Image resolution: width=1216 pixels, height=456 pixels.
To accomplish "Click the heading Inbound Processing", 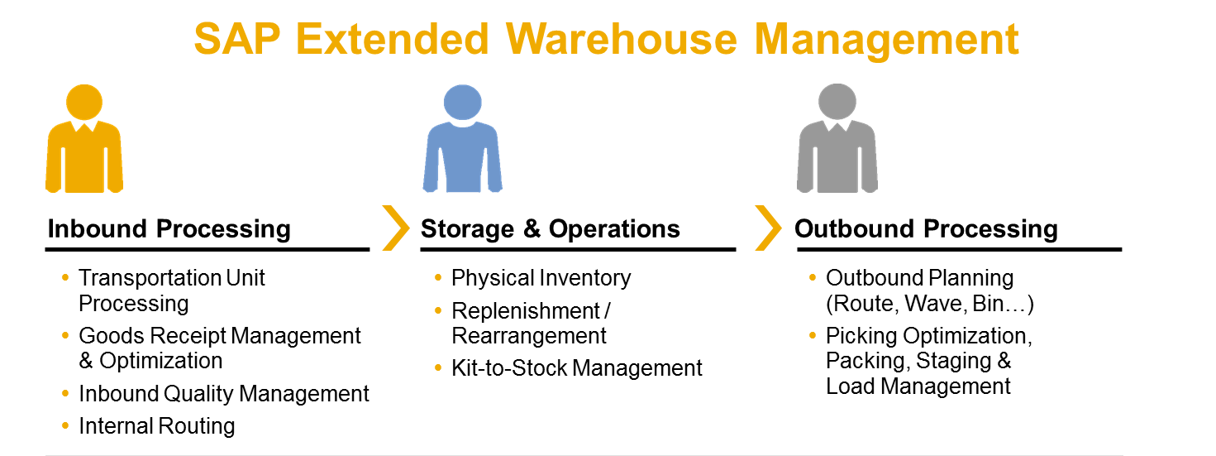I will [x=169, y=229].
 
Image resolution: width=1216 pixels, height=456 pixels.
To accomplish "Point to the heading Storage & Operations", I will [x=551, y=229].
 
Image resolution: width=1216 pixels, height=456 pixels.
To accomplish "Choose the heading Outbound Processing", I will [x=926, y=229].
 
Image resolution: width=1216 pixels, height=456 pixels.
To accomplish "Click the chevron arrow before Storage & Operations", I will [x=396, y=228].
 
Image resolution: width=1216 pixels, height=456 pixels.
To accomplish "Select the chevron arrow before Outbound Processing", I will [x=768, y=228].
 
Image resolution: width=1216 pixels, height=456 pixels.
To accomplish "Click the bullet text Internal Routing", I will [x=157, y=426].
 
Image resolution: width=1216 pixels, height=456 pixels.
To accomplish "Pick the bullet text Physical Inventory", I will [x=541, y=278].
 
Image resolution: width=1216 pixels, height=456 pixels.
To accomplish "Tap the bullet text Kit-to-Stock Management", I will [x=577, y=367].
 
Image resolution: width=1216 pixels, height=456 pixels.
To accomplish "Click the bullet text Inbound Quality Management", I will [x=224, y=394].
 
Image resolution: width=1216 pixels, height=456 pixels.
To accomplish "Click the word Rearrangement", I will [x=529, y=336].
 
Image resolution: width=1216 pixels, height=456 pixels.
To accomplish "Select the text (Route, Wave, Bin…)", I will [x=930, y=304].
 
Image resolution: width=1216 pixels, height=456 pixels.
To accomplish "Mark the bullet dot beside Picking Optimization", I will [x=813, y=335].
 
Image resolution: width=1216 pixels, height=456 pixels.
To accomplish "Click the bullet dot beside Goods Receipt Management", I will [x=65, y=335].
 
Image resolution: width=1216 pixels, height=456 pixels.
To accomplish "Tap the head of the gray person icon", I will [x=837, y=101].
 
